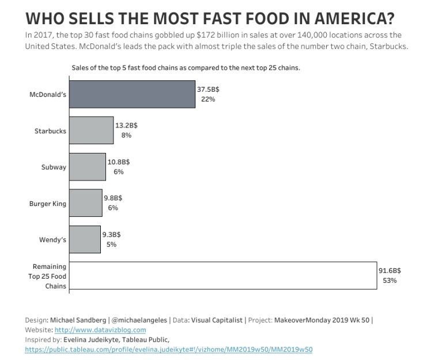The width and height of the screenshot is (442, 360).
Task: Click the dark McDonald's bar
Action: click(132, 94)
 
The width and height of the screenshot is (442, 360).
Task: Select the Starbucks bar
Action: click(91, 130)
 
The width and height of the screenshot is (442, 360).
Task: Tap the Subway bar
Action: click(88, 167)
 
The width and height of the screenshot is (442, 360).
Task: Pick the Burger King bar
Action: click(86, 203)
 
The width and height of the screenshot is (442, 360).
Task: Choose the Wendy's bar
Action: click(85, 239)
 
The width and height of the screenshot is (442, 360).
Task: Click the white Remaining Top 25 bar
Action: click(223, 276)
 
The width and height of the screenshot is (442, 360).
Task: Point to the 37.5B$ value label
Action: click(208, 89)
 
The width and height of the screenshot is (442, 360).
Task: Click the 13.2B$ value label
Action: click(126, 125)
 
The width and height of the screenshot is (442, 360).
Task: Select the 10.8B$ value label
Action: click(119, 162)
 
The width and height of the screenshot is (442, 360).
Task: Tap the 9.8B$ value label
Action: click(113, 198)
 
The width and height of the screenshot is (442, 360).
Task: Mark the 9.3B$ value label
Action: click(112, 234)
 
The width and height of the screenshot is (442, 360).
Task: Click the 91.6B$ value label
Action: click(390, 271)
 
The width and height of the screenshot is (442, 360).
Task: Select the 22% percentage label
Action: click(208, 99)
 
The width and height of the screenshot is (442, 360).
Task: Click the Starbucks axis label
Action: click(50, 131)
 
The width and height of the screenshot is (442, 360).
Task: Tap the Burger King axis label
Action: click(47, 204)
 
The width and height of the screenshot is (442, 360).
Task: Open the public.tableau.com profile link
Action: click(169, 350)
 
